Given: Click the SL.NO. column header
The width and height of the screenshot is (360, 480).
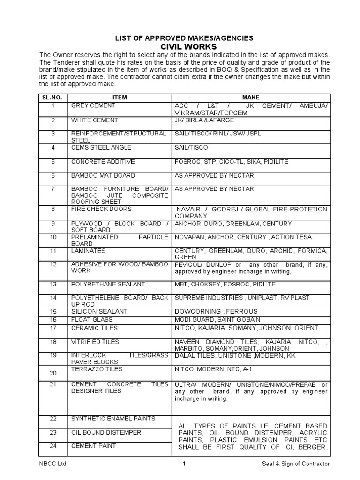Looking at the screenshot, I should pos(53,97).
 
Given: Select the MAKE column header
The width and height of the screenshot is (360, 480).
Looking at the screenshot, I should pos(250,97).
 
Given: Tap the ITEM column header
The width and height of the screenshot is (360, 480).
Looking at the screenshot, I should pos(120,97).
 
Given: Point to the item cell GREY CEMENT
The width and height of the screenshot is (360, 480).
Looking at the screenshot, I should pos(93,106).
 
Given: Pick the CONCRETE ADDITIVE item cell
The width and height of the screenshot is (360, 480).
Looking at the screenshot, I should pos(103,162).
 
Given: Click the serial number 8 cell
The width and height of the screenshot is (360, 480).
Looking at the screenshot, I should pos(53,209).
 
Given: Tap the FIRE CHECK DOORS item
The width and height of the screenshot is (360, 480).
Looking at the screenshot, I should pos(101,209).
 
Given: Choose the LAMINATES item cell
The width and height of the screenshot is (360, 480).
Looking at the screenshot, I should pos(88,251).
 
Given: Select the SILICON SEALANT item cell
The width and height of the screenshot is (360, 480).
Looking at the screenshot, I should pos(99,312).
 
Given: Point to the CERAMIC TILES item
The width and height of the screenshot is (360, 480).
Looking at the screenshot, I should pos(94,328).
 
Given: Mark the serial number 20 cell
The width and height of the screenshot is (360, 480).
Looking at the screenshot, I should pos(53,373).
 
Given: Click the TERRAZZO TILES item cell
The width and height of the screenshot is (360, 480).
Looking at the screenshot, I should pos(97,369).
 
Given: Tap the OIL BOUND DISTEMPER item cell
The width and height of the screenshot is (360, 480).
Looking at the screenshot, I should pos(106,433).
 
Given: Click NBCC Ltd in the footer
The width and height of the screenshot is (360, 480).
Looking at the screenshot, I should pos(51,464).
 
